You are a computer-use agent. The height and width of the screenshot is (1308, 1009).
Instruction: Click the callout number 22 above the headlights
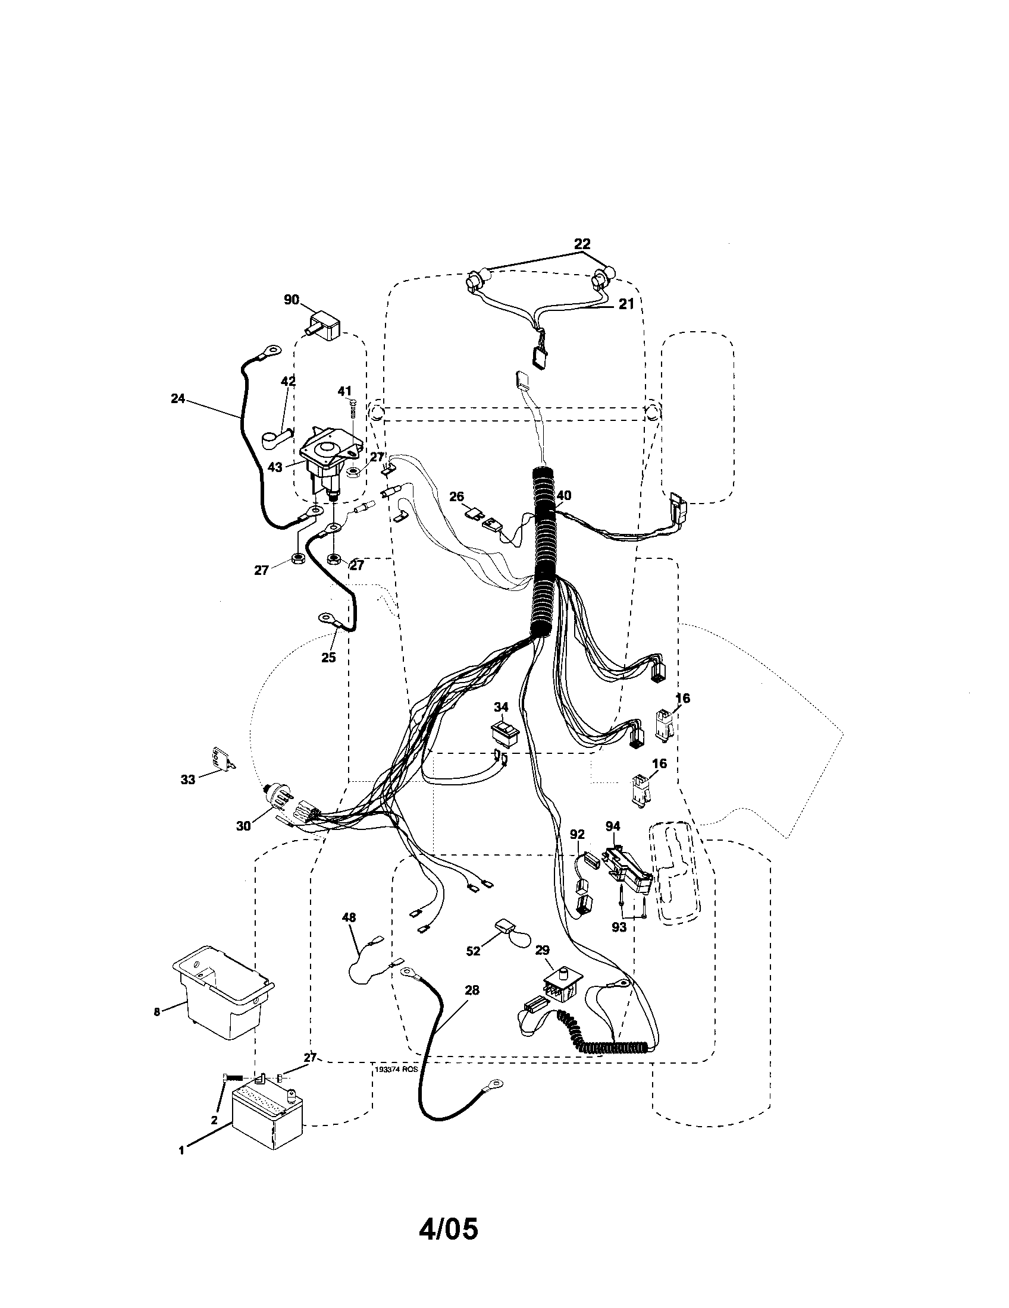coord(582,244)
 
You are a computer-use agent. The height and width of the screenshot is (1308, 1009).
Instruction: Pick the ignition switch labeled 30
coord(281,796)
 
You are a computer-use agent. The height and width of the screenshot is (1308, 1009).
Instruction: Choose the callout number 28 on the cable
coord(472,990)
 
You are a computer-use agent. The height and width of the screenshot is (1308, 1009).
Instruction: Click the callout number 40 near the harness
coord(564,495)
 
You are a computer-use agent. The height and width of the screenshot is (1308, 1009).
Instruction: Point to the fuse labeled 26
coord(475,513)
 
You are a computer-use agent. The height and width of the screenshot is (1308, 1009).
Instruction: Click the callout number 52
coord(474,951)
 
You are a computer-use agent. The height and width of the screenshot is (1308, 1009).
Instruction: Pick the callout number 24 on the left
coord(178,398)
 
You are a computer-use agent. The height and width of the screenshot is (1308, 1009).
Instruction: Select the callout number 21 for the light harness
coord(626,304)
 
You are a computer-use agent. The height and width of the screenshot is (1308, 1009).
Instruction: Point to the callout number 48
coord(349,917)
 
